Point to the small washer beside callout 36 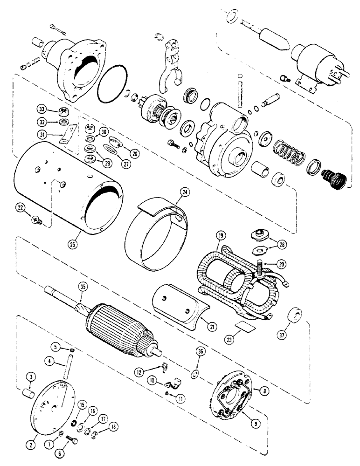[x=194, y=373]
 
